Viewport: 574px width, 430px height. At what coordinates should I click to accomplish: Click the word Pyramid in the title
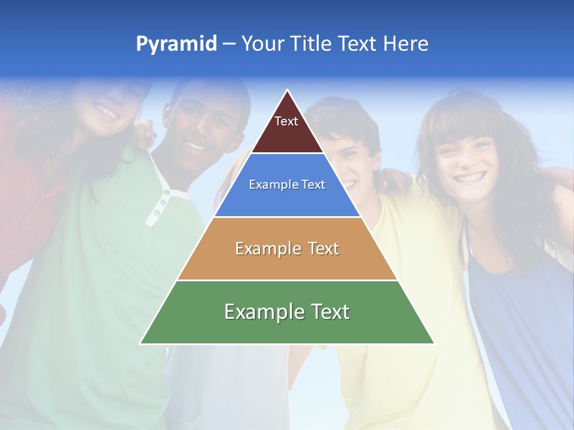[176, 44]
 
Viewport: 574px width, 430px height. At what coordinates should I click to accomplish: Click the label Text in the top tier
[286, 121]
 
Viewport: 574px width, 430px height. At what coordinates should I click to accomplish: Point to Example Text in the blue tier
[287, 185]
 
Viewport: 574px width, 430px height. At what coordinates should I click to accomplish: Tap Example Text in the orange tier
[287, 248]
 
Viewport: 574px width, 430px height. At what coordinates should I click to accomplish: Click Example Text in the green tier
[287, 312]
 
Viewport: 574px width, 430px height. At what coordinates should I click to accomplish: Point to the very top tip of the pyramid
[288, 91]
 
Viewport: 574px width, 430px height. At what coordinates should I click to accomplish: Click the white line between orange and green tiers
[287, 280]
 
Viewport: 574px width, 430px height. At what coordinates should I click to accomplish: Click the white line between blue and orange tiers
[287, 217]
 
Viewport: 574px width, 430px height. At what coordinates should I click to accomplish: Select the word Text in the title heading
[358, 44]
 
